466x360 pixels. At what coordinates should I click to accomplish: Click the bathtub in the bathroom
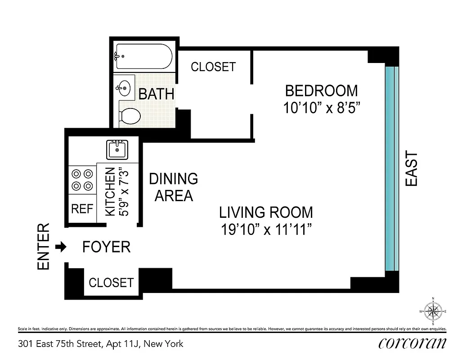coord(143,57)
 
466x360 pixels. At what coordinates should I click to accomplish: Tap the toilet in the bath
coord(130,116)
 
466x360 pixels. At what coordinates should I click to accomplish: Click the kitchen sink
coord(117,148)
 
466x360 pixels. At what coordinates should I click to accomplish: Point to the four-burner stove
coord(82,179)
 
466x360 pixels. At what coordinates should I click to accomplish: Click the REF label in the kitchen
coord(82,209)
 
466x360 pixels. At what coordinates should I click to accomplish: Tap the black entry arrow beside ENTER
coord(61,247)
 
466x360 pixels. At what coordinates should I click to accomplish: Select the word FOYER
coord(107,247)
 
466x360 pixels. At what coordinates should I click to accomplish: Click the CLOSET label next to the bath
coord(213,67)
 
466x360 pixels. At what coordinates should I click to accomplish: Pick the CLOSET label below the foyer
coord(111,283)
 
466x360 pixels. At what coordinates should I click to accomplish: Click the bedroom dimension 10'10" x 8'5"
coord(322,108)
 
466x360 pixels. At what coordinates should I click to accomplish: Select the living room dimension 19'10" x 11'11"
coord(266,230)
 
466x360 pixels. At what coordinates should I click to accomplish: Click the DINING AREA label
coord(174,187)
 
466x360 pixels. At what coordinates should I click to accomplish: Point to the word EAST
coord(412,169)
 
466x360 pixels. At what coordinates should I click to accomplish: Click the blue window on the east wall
coord(391,169)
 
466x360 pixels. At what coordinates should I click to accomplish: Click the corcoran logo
coord(412,343)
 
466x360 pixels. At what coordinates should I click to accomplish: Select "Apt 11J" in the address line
coord(123,344)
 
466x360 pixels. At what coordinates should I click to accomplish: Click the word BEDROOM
coord(322,91)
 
